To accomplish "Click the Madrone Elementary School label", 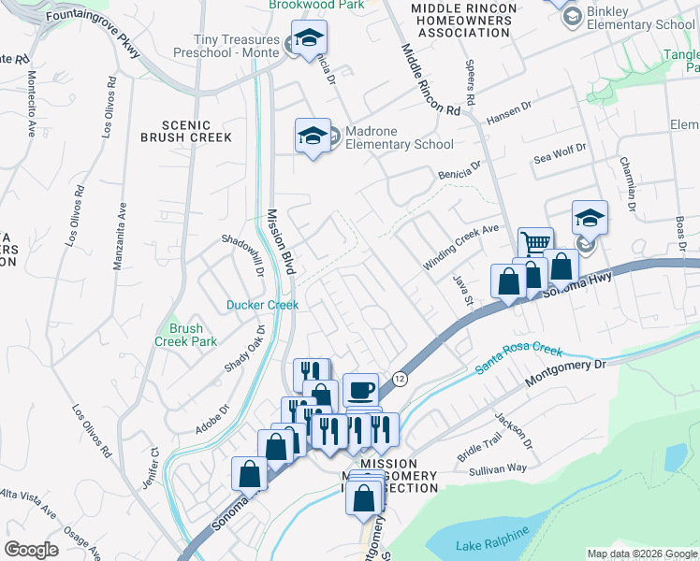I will coord(400,138).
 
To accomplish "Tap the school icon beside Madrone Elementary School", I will coord(313,137).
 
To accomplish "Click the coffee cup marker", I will coord(360,389).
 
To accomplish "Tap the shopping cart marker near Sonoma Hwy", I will coord(534,245).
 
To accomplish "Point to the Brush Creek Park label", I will coord(185,335).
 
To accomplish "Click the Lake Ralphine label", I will coord(491,545).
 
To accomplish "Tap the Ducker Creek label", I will coord(262,305).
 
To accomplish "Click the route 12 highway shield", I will coord(400,378).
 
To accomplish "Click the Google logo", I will coord(31,550).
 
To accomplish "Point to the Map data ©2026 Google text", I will coord(641,554).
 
